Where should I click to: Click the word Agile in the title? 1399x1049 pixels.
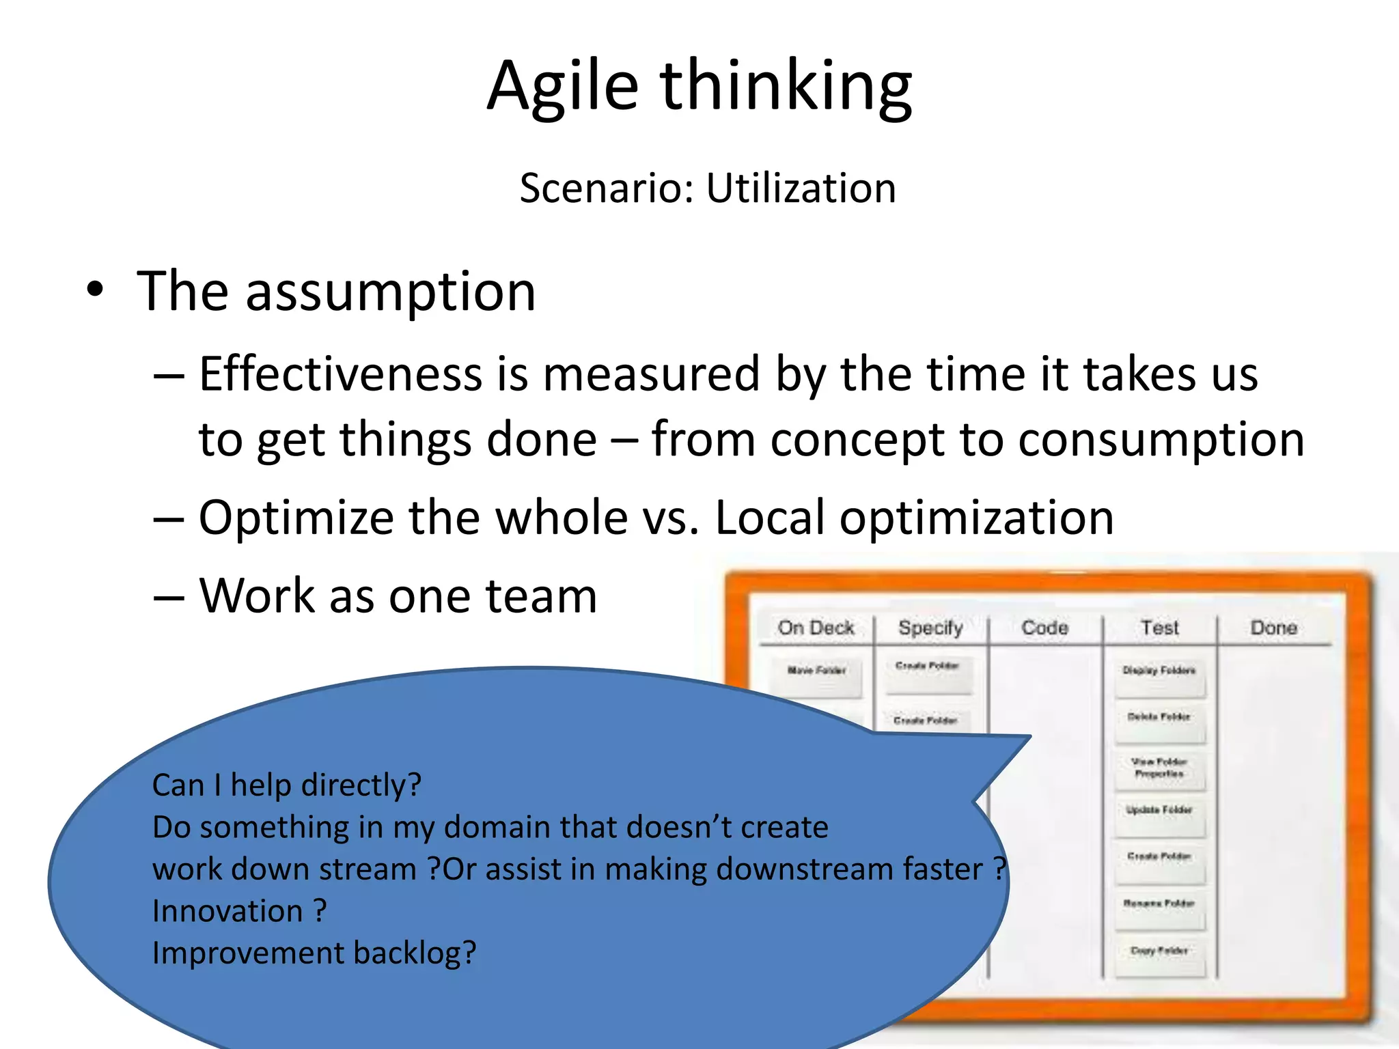pos(563,87)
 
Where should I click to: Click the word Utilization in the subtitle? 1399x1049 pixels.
pos(801,188)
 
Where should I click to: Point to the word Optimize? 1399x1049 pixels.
pos(296,517)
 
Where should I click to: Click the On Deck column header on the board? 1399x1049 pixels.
pos(816,628)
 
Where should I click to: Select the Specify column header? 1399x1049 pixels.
pos(930,628)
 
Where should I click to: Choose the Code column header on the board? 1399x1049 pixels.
pos(1044,628)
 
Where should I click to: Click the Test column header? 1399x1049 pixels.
pos(1159,628)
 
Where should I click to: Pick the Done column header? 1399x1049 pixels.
pos(1273,628)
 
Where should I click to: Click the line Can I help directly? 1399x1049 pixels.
pos(286,785)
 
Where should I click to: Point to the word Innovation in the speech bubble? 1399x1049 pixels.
pos(227,911)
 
